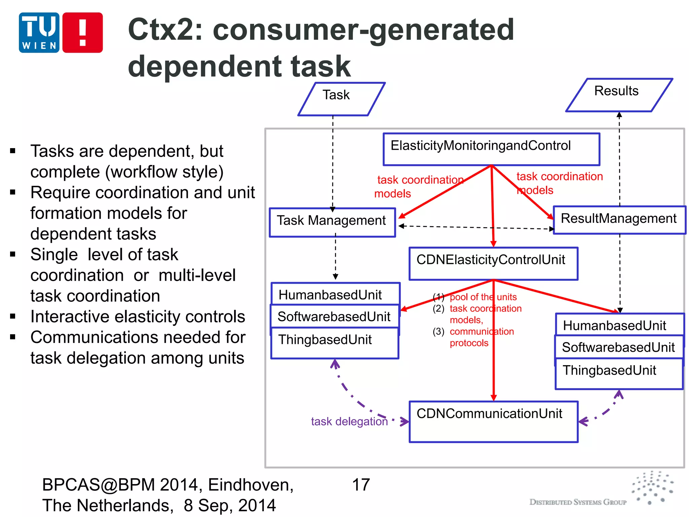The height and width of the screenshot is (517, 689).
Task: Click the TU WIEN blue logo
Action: [x=39, y=33]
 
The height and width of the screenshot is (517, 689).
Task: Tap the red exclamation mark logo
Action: [x=82, y=33]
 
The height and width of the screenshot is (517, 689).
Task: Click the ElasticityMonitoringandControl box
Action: [x=491, y=149]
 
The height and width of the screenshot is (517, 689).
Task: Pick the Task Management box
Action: [x=332, y=222]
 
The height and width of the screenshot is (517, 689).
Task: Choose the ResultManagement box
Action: [x=619, y=220]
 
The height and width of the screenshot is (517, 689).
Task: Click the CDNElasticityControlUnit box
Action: [x=493, y=264]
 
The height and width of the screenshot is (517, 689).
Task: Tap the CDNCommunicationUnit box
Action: [x=493, y=421]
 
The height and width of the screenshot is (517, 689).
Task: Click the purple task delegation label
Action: [x=349, y=421]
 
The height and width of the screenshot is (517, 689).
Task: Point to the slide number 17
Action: [x=361, y=485]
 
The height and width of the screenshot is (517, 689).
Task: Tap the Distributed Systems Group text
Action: [x=578, y=502]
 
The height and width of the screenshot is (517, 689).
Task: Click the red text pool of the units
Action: [x=483, y=297]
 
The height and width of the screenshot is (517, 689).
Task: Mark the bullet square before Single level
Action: [x=13, y=254]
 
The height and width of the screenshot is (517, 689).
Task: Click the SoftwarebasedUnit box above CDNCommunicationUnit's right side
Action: [x=618, y=347]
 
